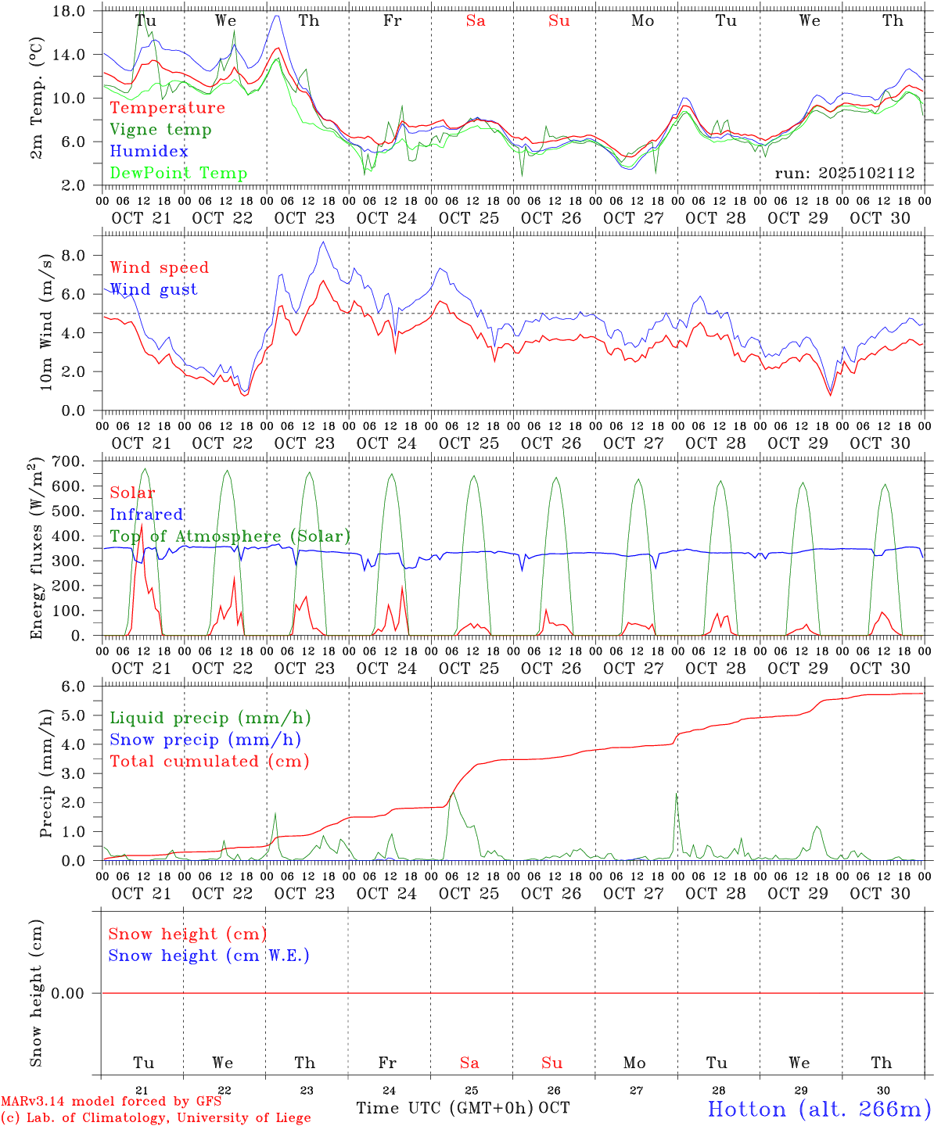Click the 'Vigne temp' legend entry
point(160,130)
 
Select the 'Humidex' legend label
point(149,152)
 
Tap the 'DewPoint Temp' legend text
point(178,174)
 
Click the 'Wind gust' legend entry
point(153,289)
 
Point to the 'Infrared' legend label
point(146,515)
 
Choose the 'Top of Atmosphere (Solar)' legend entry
point(230,536)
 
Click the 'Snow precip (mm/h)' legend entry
point(205,740)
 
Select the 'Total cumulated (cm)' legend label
point(209,762)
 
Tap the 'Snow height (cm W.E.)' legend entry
point(209,956)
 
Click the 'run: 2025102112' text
point(844,174)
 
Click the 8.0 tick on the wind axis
point(76,256)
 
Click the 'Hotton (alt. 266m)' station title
point(818,1109)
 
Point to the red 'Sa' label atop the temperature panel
point(476,21)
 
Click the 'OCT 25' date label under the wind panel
point(469,443)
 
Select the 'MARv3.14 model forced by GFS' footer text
point(111,1101)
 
